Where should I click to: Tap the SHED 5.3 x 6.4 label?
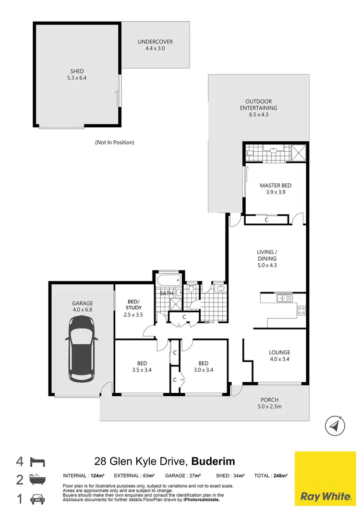pyautogui.click(x=76, y=74)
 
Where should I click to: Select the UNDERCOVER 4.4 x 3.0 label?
pyautogui.click(x=155, y=45)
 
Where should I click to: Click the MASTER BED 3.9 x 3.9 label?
pyautogui.click(x=276, y=189)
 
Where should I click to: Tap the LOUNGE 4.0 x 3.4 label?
pyautogui.click(x=279, y=356)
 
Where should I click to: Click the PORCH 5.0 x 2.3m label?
pyautogui.click(x=269, y=403)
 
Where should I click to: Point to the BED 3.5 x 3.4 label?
pyautogui.click(x=142, y=366)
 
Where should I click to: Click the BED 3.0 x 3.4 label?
pyautogui.click(x=203, y=366)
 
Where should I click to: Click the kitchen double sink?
pyautogui.click(x=284, y=299)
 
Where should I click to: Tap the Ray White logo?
pyautogui.click(x=325, y=479)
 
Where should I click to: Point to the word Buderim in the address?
pyautogui.click(x=214, y=462)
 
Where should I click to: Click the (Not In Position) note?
pyautogui.click(x=114, y=142)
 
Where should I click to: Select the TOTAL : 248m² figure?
pyautogui.click(x=271, y=475)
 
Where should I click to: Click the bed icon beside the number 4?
pyautogui.click(x=37, y=462)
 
